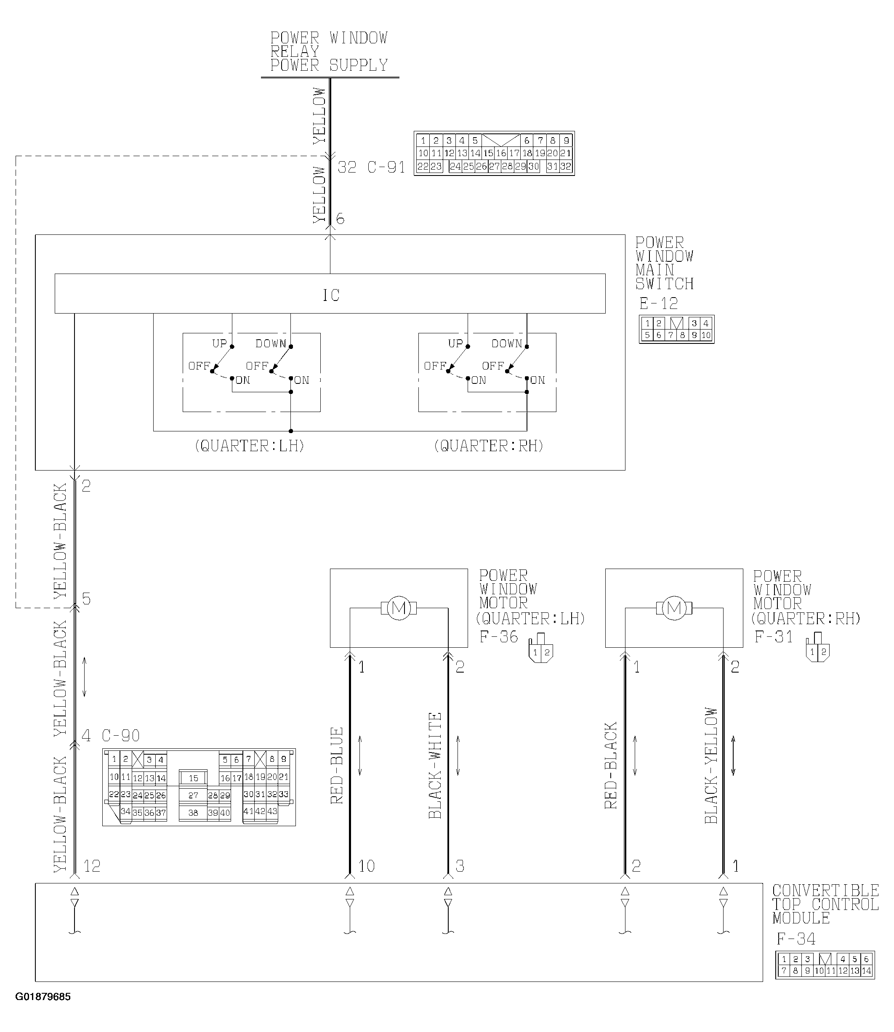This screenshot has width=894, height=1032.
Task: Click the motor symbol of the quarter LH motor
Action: pos(399,608)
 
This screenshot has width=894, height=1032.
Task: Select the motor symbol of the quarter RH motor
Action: pos(674,608)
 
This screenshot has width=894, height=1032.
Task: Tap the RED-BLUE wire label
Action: pos(337,766)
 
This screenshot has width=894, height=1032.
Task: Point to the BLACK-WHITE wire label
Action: pos(436,765)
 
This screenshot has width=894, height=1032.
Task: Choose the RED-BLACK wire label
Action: pos(611,765)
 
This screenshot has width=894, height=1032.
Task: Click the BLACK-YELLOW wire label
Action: pos(711,765)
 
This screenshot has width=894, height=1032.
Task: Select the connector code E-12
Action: pos(659,303)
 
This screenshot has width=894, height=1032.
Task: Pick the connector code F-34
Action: pos(796,939)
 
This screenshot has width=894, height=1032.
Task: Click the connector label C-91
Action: pos(386,167)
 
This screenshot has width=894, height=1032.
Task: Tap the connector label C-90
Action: pos(121,736)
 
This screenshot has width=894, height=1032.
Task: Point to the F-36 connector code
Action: pos(498,637)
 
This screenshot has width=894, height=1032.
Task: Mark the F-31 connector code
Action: pos(773,637)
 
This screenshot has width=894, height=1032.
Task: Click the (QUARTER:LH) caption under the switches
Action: pos(250,445)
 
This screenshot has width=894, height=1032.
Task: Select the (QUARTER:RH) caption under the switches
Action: pos(488,445)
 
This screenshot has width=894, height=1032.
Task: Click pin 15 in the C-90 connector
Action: pos(194,778)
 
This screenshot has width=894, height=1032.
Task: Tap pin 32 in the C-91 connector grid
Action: pos(565,167)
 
